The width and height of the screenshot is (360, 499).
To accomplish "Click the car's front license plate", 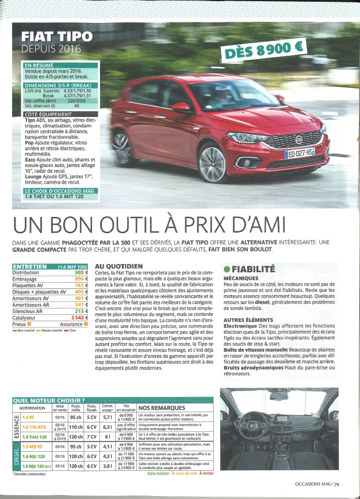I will click(298, 153).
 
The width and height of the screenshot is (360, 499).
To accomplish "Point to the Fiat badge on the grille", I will click(298, 139).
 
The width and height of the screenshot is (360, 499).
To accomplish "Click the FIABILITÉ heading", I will click(252, 268).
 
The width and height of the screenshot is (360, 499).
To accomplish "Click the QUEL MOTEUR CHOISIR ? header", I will click(48, 401).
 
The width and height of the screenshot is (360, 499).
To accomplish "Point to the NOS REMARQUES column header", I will click(158, 408).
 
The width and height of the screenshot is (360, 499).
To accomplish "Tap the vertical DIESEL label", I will click(16, 455).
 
